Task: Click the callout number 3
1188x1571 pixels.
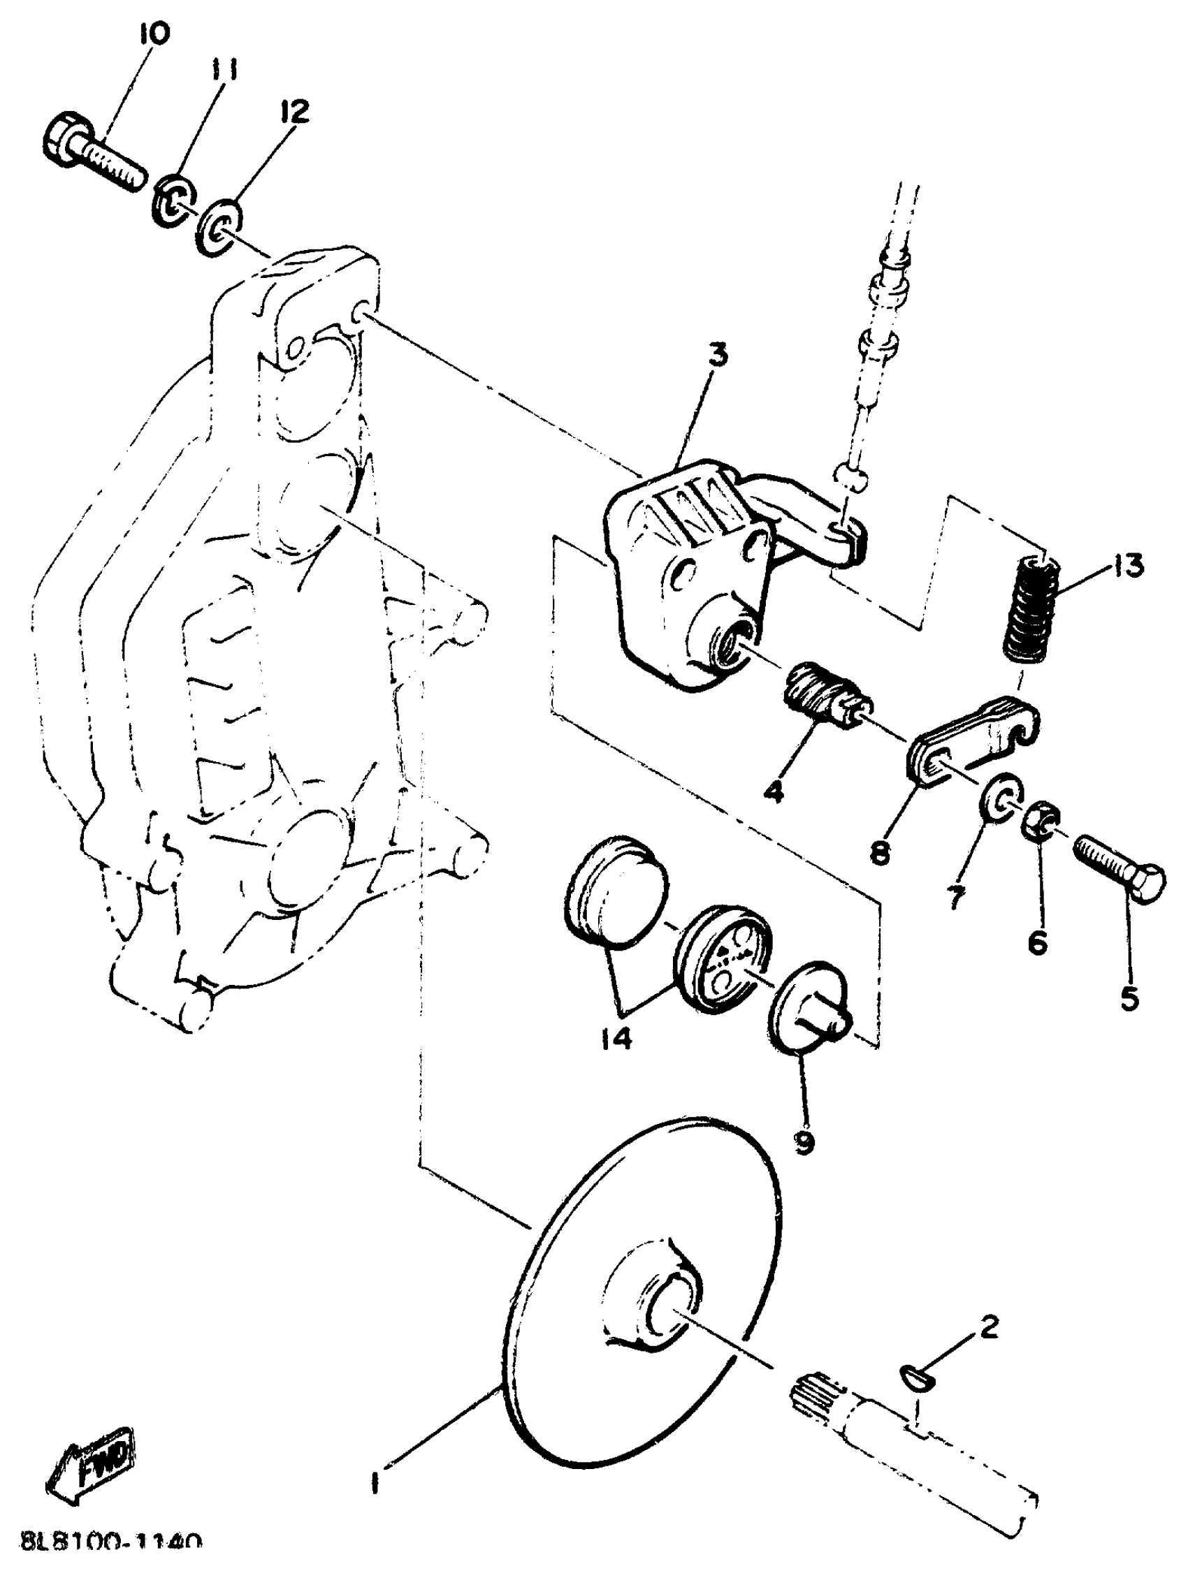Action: pyautogui.click(x=718, y=353)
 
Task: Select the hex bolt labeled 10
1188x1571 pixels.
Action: pyautogui.click(x=89, y=152)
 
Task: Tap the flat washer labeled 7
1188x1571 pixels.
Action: pyautogui.click(x=1001, y=801)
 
